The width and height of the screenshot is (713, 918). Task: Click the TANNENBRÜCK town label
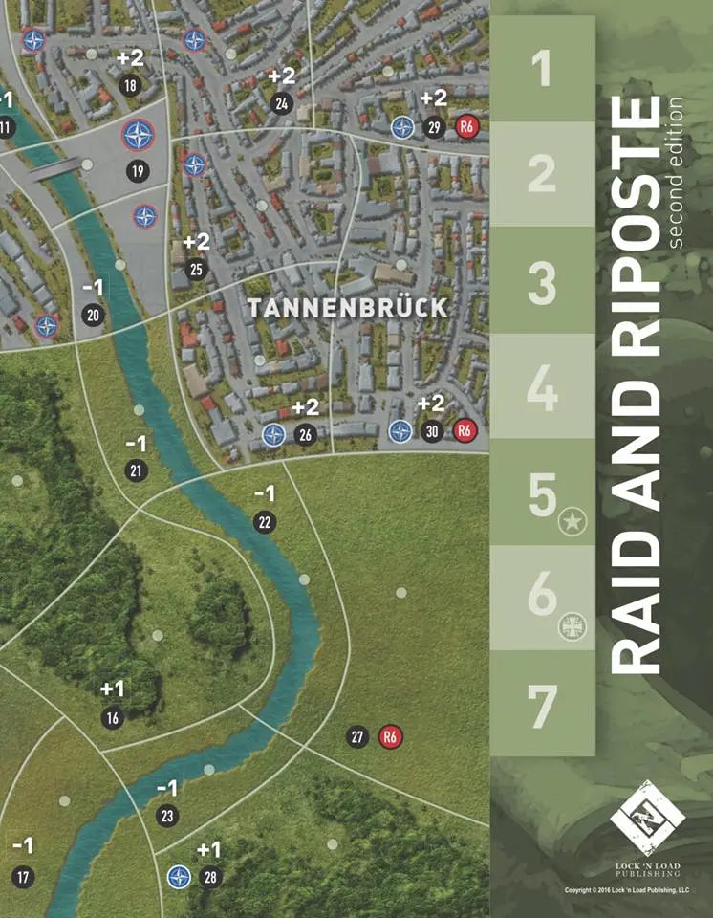click(347, 308)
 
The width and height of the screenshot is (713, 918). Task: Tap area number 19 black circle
click(138, 172)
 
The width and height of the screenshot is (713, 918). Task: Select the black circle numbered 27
click(357, 736)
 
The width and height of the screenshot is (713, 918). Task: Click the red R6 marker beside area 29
click(466, 127)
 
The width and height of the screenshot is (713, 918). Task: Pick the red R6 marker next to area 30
click(465, 431)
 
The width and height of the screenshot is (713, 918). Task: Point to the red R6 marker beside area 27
click(389, 736)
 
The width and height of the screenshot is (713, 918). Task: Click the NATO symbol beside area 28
click(179, 876)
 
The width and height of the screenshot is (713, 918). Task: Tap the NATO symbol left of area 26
click(273, 436)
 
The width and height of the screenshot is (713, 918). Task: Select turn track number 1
click(542, 69)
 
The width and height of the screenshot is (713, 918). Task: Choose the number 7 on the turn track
click(542, 706)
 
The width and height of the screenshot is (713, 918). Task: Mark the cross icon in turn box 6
click(572, 627)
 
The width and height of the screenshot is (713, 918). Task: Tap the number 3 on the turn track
click(542, 282)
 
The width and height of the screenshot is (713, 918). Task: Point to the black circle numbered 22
click(264, 522)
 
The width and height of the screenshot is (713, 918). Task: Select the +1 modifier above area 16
click(113, 689)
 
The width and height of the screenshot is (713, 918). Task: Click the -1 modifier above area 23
click(167, 789)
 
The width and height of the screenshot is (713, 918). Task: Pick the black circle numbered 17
click(23, 876)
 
